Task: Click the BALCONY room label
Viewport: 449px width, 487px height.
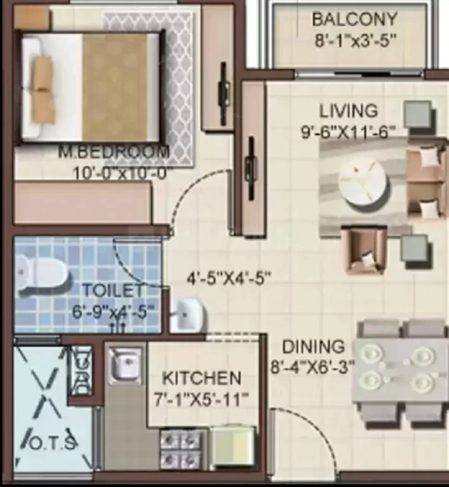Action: click(355, 19)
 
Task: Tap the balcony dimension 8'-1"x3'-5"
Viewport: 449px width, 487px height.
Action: click(356, 41)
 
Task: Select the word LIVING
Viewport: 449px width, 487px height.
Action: click(349, 111)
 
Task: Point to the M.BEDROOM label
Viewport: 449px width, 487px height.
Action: click(114, 152)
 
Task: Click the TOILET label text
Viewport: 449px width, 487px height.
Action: click(113, 290)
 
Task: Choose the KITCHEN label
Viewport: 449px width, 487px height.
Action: click(202, 379)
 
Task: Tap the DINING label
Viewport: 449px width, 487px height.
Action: click(313, 347)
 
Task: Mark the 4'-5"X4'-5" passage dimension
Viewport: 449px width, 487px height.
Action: click(229, 278)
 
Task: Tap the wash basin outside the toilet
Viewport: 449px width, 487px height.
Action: click(188, 315)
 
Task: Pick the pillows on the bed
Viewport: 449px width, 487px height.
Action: click(42, 90)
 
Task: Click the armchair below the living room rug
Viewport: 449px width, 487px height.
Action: click(365, 249)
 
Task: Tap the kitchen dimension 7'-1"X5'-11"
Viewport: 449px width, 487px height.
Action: click(202, 399)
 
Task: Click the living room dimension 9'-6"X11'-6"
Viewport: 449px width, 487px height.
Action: click(348, 132)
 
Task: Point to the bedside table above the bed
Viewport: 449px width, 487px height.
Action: click(31, 18)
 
